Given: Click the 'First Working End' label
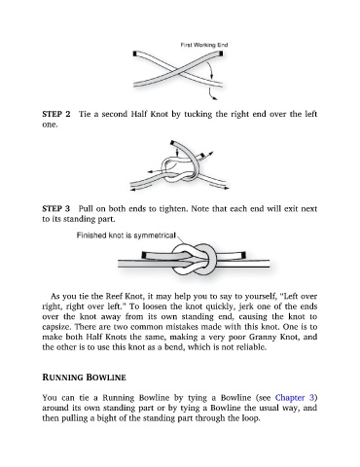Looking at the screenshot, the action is (x=204, y=45).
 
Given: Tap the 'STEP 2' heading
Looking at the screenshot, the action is (x=56, y=114).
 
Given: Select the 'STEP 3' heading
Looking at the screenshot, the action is (x=56, y=208).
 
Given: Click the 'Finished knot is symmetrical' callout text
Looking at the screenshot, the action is (x=126, y=235).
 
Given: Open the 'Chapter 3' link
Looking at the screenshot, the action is (x=295, y=398).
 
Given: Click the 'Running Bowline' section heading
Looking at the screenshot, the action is (x=84, y=377).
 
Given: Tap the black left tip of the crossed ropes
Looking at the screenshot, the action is (x=135, y=54).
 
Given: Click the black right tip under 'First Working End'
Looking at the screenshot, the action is (x=221, y=54).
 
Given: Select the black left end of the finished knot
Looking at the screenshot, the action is (x=144, y=256).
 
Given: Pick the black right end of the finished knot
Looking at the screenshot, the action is (x=244, y=255).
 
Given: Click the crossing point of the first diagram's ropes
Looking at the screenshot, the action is (x=178, y=71).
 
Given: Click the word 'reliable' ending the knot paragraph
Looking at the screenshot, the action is (x=250, y=347).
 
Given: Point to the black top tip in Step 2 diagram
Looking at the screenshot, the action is (x=172, y=143).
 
